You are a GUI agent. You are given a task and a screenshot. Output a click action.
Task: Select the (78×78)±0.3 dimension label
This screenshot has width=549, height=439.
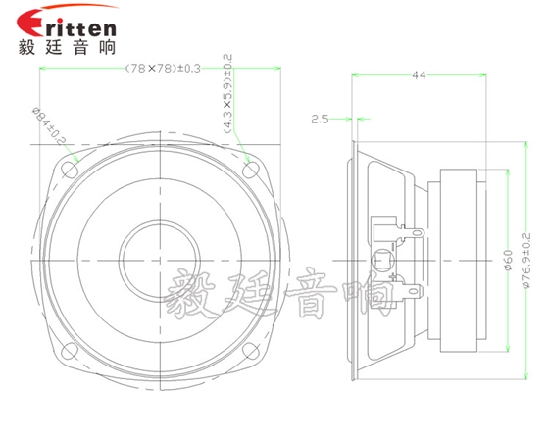163,69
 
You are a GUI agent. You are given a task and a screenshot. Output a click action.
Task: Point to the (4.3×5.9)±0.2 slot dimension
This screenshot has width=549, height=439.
227,93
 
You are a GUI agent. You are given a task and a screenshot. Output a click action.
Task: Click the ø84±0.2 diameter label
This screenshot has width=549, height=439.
62,128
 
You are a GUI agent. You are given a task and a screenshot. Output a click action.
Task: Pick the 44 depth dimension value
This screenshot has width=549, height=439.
419,75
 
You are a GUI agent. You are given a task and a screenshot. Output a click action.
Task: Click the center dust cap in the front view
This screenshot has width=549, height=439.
158,257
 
